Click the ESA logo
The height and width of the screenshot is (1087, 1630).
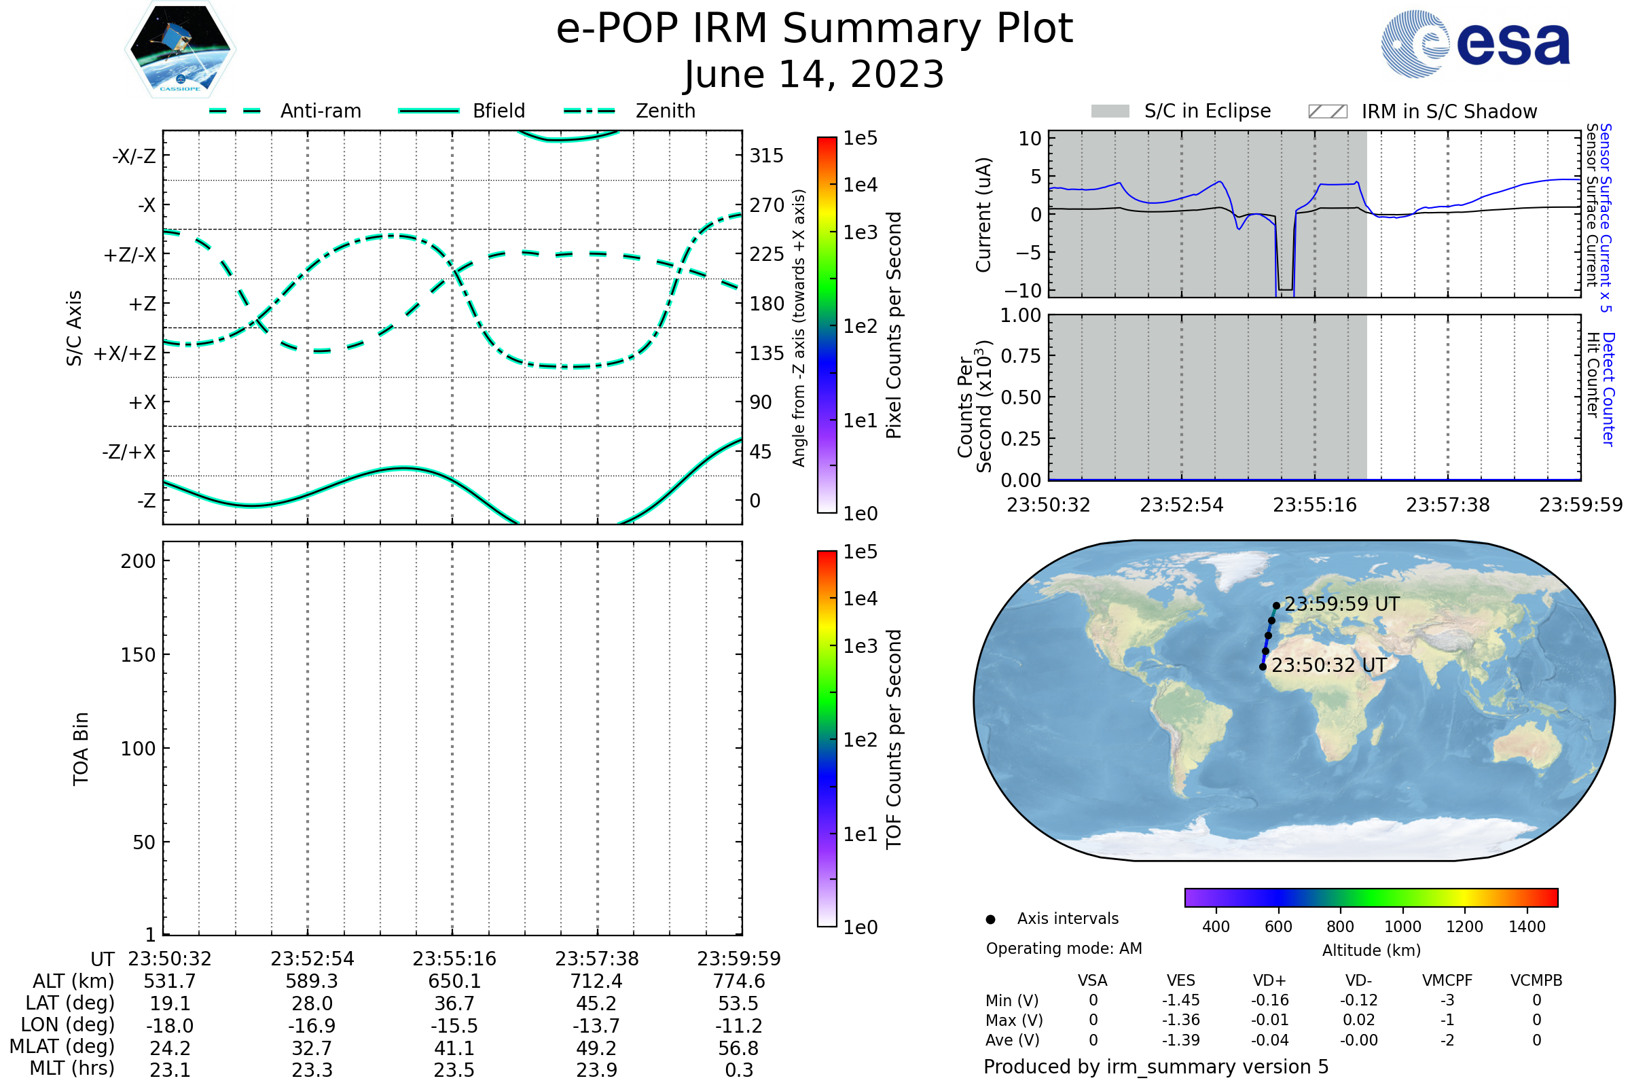coord(1475,43)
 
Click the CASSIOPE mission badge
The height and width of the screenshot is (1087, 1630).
coord(180,49)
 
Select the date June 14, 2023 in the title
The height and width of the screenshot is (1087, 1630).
coord(814,74)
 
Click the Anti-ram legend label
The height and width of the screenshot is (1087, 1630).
coord(321,111)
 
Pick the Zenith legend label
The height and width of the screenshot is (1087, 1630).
coord(666,111)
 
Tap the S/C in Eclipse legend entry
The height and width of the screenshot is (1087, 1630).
coord(1208,111)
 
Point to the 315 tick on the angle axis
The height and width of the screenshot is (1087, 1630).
coord(767,156)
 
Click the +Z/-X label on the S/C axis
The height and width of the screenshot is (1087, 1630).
coord(130,254)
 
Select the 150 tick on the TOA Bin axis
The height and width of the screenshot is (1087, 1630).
coord(138,655)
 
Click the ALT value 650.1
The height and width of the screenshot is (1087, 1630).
coord(454,982)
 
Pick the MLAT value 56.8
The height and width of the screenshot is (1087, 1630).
coord(739,1048)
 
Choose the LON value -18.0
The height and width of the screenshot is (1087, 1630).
coord(170,1026)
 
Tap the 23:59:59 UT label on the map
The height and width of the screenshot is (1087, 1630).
coord(1342,605)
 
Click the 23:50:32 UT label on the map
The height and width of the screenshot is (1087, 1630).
coord(1329,666)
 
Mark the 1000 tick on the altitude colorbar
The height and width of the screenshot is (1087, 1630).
coord(1402,927)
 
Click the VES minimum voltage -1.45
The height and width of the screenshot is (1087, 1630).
coord(1181,1000)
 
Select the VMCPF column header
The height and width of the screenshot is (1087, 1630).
coord(1447,980)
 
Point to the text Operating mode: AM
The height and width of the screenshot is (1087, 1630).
coord(1064,948)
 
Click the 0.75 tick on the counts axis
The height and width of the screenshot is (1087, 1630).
coord(1021,356)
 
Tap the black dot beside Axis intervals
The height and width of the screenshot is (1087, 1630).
coord(990,919)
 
